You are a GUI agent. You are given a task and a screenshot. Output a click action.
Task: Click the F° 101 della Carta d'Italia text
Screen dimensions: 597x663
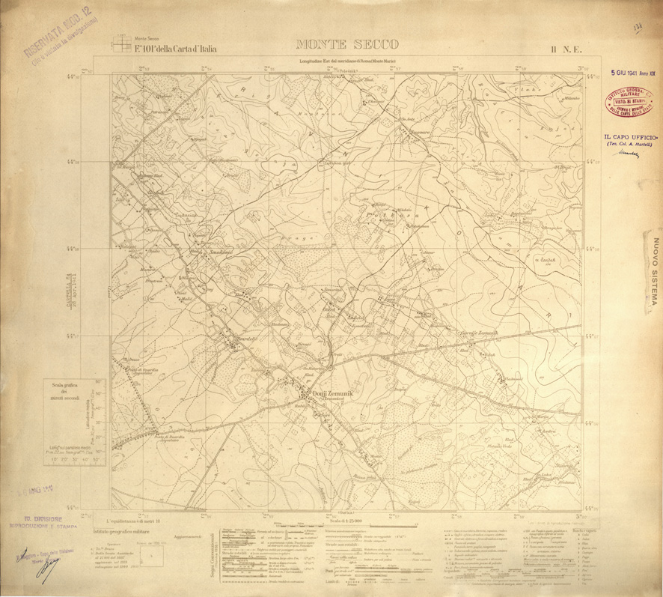175,49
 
